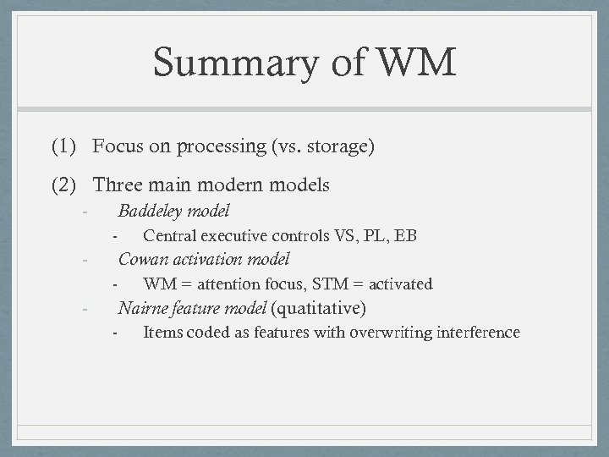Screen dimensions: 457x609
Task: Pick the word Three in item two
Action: pyautogui.click(x=118, y=184)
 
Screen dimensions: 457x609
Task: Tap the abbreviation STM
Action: pyautogui.click(x=321, y=284)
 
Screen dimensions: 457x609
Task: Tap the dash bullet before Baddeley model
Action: pyautogui.click(x=85, y=211)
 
